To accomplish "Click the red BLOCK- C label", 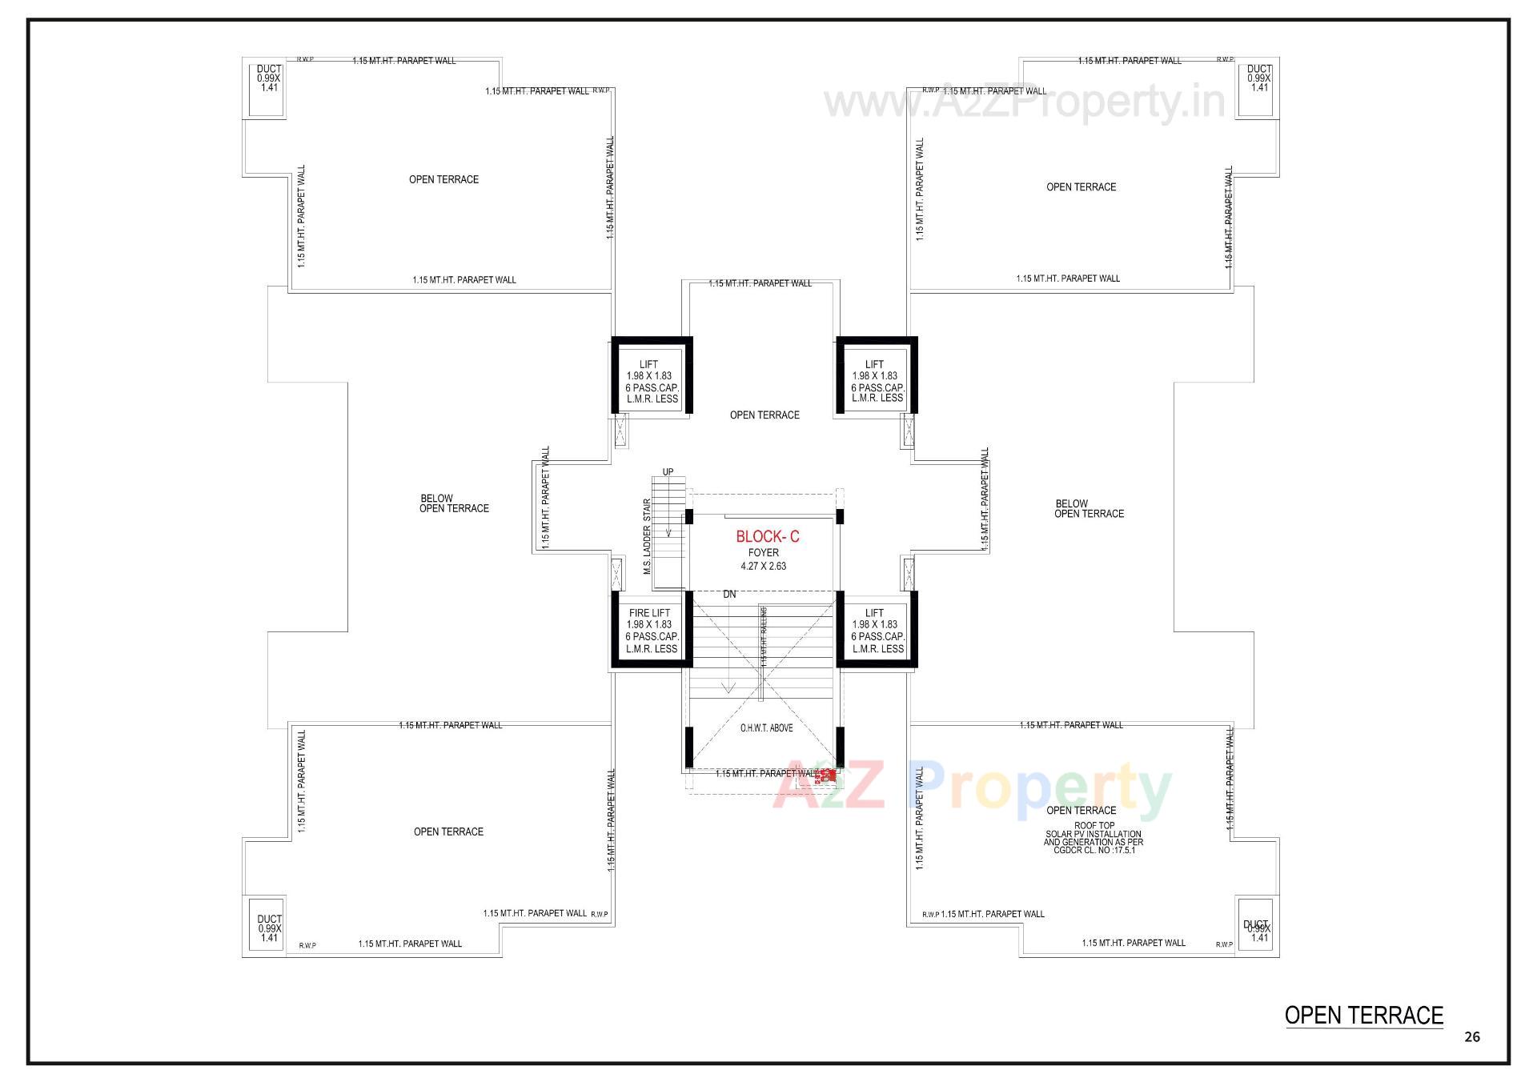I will (x=767, y=536).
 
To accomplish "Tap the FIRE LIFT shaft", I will (x=651, y=631).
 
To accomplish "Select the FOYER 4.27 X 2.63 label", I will (x=763, y=559).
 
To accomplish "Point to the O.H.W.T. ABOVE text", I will (x=765, y=728).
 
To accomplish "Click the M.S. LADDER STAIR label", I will (x=647, y=537).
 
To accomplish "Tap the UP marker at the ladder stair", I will (x=668, y=472).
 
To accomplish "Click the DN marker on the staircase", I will (x=729, y=595).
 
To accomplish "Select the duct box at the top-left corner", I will (x=268, y=88).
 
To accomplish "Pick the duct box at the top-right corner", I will (x=1258, y=88).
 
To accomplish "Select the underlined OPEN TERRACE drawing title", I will (x=1363, y=1016).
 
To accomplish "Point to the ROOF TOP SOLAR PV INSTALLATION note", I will (x=1094, y=838).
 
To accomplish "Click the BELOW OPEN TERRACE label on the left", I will (x=454, y=503).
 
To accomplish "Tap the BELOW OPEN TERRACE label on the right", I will (x=1089, y=509).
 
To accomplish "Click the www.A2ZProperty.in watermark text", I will (x=1025, y=102).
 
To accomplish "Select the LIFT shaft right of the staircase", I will (x=877, y=631).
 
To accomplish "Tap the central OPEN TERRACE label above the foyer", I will (x=764, y=415).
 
